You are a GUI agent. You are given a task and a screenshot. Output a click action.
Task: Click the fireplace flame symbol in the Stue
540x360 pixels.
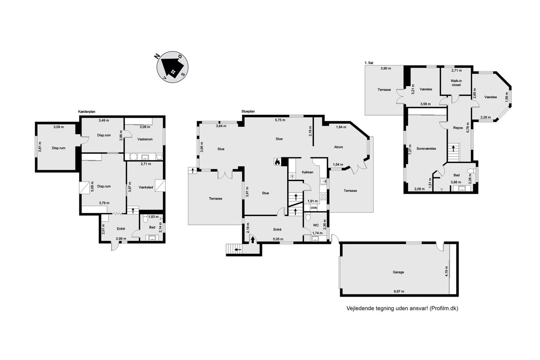(x=277, y=162)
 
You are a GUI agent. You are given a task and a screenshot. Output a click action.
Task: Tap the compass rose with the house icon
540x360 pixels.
(x=173, y=67)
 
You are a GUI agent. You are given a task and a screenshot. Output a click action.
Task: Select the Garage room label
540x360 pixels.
(x=398, y=272)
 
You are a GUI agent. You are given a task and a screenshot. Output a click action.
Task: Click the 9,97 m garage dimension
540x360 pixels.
(x=399, y=291)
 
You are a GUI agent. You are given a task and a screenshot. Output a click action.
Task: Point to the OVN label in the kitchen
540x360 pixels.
(x=313, y=208)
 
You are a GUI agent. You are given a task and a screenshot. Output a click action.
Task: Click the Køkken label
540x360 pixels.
(x=308, y=172)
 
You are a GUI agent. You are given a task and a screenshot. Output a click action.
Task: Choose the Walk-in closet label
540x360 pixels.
(x=456, y=83)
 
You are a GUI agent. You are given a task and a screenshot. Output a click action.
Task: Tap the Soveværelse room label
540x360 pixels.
(x=426, y=149)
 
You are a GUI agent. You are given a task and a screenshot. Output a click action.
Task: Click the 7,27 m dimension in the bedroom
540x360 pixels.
(x=410, y=149)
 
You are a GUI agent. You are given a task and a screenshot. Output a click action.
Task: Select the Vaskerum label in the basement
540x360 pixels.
(x=145, y=139)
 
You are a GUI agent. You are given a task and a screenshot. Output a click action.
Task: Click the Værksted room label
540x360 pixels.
(x=146, y=187)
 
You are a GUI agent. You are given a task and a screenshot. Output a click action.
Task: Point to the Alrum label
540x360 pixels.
(x=338, y=147)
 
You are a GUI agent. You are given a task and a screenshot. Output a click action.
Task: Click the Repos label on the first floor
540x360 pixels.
(x=458, y=128)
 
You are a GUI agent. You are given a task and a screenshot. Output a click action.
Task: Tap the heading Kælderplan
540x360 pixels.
(x=87, y=112)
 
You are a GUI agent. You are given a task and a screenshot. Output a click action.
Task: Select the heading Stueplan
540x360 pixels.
(x=248, y=111)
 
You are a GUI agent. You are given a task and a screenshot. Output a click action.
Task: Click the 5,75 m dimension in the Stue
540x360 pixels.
(x=280, y=120)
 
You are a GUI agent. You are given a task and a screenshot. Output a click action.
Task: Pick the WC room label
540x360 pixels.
(x=316, y=225)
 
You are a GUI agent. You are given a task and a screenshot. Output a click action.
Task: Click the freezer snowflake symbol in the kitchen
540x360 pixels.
(x=292, y=176)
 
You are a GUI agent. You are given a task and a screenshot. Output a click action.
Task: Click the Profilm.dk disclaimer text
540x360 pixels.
(x=402, y=308)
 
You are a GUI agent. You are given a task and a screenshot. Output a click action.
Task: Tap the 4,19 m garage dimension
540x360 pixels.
(x=446, y=271)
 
